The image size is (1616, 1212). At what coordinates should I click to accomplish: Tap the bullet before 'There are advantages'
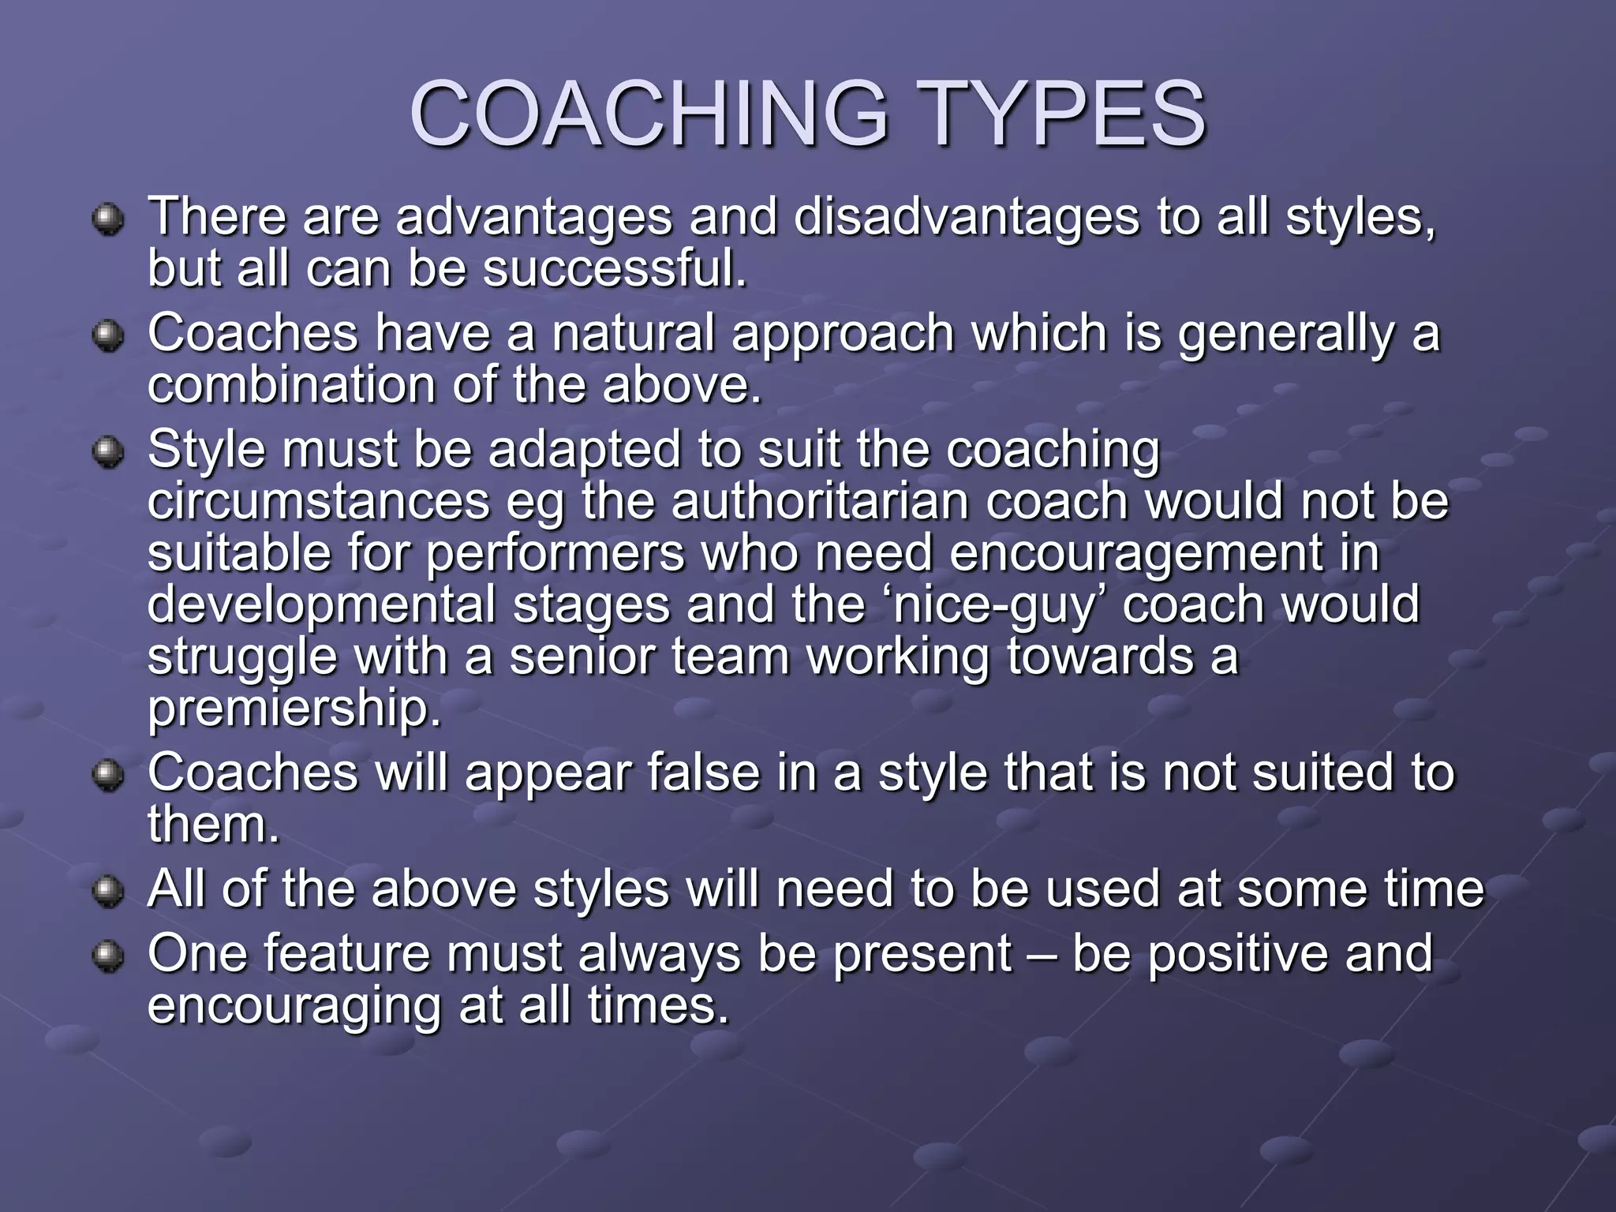coord(107,220)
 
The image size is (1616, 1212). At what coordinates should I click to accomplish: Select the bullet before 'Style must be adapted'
coord(107,453)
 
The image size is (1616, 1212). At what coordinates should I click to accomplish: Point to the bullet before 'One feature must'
coord(107,957)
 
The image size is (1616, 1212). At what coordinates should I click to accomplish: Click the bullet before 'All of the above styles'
coord(107,892)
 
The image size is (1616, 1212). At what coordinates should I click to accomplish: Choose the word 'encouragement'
coord(1135,553)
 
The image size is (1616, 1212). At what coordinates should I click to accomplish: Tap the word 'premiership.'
coord(294,709)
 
